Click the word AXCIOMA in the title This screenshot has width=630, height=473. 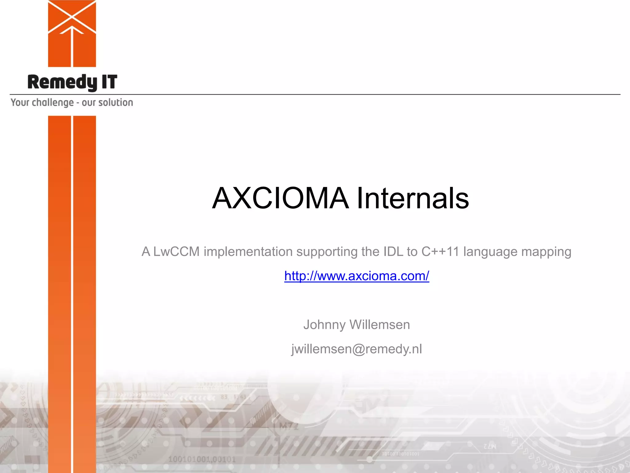pos(280,198)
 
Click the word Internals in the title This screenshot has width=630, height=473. pos(413,198)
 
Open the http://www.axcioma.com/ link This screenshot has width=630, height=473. pos(357,276)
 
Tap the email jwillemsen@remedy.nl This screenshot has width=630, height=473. pos(357,349)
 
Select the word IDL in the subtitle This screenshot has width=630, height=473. pos(393,252)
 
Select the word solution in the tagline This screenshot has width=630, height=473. pos(115,102)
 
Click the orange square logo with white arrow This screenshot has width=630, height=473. pos(72,33)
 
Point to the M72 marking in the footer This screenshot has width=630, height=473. pos(289,427)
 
